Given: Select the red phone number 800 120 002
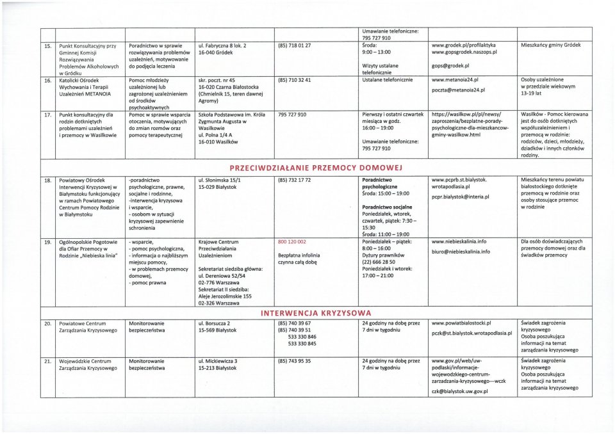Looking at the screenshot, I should pyautogui.click(x=291, y=242).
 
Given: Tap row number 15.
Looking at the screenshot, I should pyautogui.click(x=47, y=46).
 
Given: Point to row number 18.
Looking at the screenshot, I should pyautogui.click(x=47, y=181).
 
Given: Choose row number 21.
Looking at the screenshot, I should pyautogui.click(x=47, y=361).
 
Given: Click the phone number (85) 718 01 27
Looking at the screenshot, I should pyautogui.click(x=294, y=46).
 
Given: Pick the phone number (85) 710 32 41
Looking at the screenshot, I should pyautogui.click(x=294, y=80).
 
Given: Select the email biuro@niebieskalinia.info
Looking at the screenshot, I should pyautogui.click(x=461, y=252).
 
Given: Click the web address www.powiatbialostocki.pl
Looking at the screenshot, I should pyautogui.click(x=461, y=323).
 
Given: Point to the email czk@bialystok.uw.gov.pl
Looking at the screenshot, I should pyautogui.click(x=460, y=391).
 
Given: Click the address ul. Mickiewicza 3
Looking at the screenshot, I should pyautogui.click(x=218, y=361).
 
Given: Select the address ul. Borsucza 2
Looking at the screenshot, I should pyautogui.click(x=215, y=323).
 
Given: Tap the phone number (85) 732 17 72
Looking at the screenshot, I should pyautogui.click(x=294, y=181).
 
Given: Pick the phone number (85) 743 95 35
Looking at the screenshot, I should pyautogui.click(x=294, y=361).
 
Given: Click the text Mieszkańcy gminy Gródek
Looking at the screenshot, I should pyautogui.click(x=551, y=46).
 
